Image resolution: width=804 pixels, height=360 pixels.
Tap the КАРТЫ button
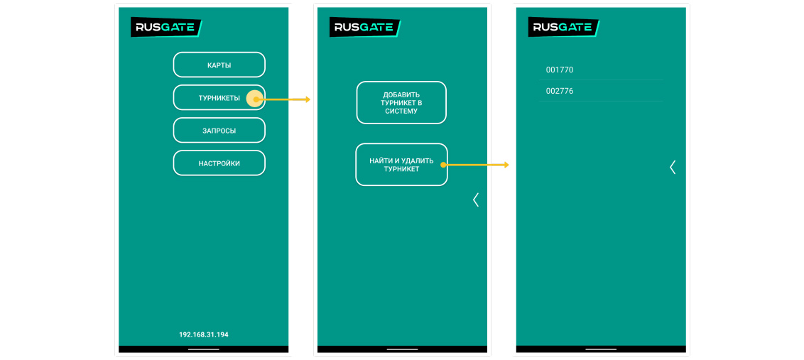[x=219, y=65]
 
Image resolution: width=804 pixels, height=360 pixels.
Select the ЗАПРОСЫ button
[x=219, y=131]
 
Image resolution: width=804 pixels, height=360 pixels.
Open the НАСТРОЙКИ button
[x=219, y=163]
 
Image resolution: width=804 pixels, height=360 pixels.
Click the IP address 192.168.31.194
[x=204, y=334]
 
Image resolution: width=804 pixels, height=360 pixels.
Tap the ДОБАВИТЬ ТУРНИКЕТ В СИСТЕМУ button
[x=401, y=103]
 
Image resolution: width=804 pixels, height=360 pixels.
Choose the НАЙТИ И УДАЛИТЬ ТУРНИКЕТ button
[x=401, y=165]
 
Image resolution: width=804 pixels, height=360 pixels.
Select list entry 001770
[x=560, y=70]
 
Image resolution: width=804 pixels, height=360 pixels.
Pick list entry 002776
[x=560, y=91]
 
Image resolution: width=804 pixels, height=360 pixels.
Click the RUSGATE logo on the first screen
[x=166, y=27]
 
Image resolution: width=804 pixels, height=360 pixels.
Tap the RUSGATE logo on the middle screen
[x=365, y=27]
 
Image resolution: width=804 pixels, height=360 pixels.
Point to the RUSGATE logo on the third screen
[x=564, y=27]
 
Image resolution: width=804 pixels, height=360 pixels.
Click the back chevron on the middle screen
[x=476, y=200]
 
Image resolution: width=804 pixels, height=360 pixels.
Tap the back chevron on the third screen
[x=673, y=167]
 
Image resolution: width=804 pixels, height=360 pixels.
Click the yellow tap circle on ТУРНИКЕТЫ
[x=254, y=99]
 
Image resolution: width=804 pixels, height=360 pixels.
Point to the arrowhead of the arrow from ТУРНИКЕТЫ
[x=308, y=99]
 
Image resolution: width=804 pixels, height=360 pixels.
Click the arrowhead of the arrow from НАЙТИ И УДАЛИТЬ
[x=506, y=165]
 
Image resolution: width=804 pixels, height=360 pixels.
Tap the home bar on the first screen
[x=204, y=349]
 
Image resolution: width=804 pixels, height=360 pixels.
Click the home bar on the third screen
[x=601, y=349]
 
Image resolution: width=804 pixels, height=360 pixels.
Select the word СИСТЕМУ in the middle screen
[x=401, y=111]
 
